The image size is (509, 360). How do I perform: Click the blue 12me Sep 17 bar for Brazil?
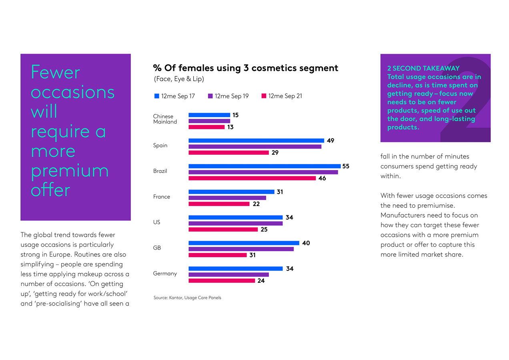coord(264,166)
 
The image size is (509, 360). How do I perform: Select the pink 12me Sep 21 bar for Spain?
coord(228,153)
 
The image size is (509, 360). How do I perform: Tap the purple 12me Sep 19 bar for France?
coord(227,198)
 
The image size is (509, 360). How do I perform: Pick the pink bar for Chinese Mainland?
coord(206,127)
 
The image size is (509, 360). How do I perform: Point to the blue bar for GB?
coord(244,243)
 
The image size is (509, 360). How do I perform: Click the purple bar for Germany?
coord(228,274)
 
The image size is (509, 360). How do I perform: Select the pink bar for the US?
coord(223,230)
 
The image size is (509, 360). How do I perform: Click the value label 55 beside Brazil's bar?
coord(346,166)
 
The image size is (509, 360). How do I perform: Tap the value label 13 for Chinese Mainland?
coord(230,127)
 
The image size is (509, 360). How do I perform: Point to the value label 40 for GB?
coord(306,243)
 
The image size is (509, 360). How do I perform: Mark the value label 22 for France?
coord(256,204)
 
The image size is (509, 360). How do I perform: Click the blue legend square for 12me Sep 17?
coord(156,96)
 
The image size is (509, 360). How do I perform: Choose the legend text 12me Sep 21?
coord(285,96)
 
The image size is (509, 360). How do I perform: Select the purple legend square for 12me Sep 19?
coord(210,96)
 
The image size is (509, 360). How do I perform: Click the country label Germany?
coord(165,274)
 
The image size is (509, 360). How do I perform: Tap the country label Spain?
coord(160,146)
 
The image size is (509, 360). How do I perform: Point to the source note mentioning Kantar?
coord(187,298)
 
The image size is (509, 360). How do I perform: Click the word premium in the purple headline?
coord(70,171)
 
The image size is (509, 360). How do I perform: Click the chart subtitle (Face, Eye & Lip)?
coord(179,79)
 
